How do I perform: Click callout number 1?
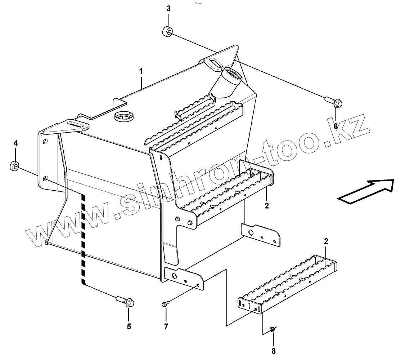click(141, 71)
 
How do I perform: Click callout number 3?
click(168, 9)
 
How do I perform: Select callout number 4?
click(15, 143)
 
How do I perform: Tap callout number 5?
click(129, 326)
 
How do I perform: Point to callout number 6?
click(335, 126)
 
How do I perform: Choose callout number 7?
click(166, 326)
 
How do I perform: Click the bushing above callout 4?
click(14, 166)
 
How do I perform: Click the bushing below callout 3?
click(167, 32)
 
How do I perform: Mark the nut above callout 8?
click(273, 329)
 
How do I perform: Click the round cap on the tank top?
click(123, 116)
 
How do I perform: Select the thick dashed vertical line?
click(84, 238)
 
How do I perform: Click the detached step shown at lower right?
click(288, 285)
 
